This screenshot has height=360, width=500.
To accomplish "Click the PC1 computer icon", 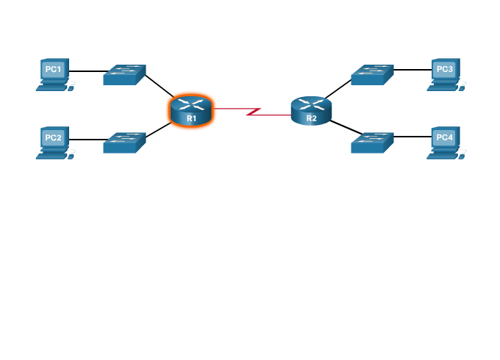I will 54,73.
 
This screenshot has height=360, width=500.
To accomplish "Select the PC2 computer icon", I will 54,141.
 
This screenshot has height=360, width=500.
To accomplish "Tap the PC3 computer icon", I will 445,73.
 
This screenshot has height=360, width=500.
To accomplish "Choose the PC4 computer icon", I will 445,141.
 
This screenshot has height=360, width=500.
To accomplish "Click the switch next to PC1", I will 124,74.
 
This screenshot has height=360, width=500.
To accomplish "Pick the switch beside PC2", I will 124,142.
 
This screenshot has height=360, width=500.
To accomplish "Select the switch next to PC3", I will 372,74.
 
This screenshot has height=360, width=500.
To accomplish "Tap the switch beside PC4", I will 372,142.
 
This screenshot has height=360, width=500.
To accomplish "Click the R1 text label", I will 191,118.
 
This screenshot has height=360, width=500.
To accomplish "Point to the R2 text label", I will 312,118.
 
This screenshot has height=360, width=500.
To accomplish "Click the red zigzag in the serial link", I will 253,112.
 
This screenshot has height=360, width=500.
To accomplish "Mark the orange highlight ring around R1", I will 169,118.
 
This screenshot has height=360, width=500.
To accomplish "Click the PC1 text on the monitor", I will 54,69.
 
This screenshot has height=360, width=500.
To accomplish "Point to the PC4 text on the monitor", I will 445,137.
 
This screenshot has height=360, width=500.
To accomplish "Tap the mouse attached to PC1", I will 72,88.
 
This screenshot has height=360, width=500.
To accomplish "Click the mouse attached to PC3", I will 463,88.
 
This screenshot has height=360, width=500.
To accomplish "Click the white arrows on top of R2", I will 311,104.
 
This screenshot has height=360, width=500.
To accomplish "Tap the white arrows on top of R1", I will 191,104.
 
